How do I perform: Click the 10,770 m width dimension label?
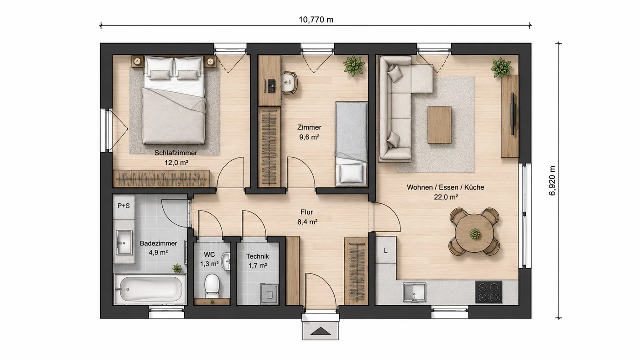(x=316, y=20)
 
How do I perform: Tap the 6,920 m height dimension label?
(x=552, y=181)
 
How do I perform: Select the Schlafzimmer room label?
(x=176, y=153)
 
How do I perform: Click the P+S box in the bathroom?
(x=123, y=206)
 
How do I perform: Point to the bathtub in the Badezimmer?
(x=150, y=289)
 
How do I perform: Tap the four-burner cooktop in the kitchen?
(x=489, y=292)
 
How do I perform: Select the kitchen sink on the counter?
(x=414, y=292)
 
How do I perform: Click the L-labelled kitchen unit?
(x=386, y=250)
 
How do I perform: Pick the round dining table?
(x=475, y=233)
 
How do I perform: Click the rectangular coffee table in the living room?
(x=439, y=125)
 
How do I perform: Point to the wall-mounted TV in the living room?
(x=512, y=114)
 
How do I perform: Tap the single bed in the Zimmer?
(x=351, y=144)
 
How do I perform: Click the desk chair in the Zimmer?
(x=289, y=83)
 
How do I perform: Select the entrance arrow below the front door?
(x=320, y=331)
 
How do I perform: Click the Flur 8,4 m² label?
(x=307, y=217)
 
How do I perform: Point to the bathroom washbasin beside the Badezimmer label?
(x=124, y=243)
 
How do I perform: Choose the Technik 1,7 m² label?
(x=258, y=261)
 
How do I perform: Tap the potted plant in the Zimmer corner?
(x=354, y=66)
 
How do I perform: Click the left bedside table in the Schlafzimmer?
(x=138, y=61)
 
